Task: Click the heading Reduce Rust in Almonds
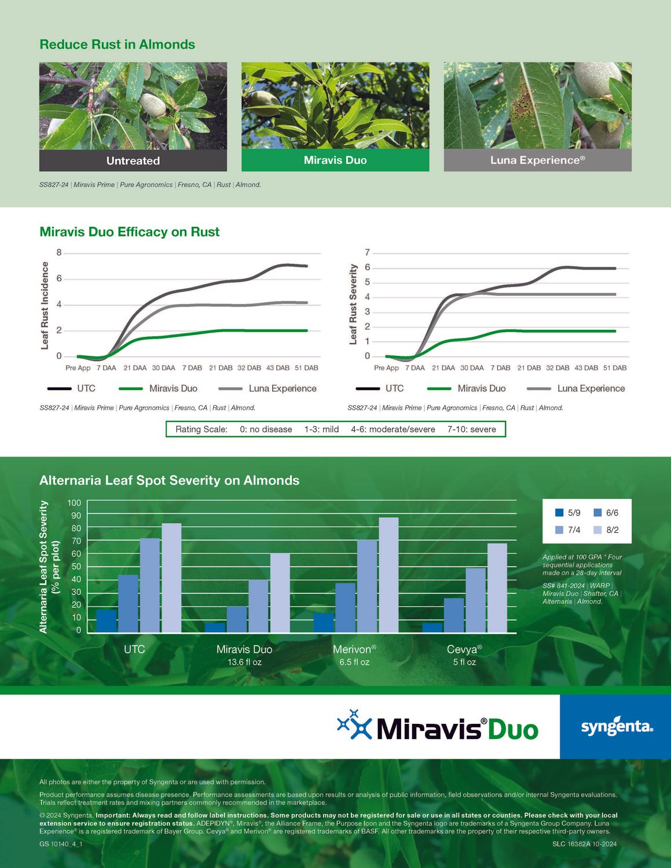[117, 45]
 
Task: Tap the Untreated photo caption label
[133, 161]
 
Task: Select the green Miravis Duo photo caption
[335, 160]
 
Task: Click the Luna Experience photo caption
[537, 160]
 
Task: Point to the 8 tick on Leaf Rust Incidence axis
[59, 252]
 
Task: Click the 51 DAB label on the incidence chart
[306, 368]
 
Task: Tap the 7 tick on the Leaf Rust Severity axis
[367, 252]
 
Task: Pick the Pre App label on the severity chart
[386, 368]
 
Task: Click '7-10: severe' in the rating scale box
[471, 429]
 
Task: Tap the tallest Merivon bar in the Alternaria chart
[388, 574]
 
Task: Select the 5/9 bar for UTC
[107, 620]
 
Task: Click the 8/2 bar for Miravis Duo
[280, 593]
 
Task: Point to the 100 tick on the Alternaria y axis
[74, 503]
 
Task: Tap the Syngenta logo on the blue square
[616, 727]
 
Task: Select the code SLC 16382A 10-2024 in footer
[584, 844]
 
